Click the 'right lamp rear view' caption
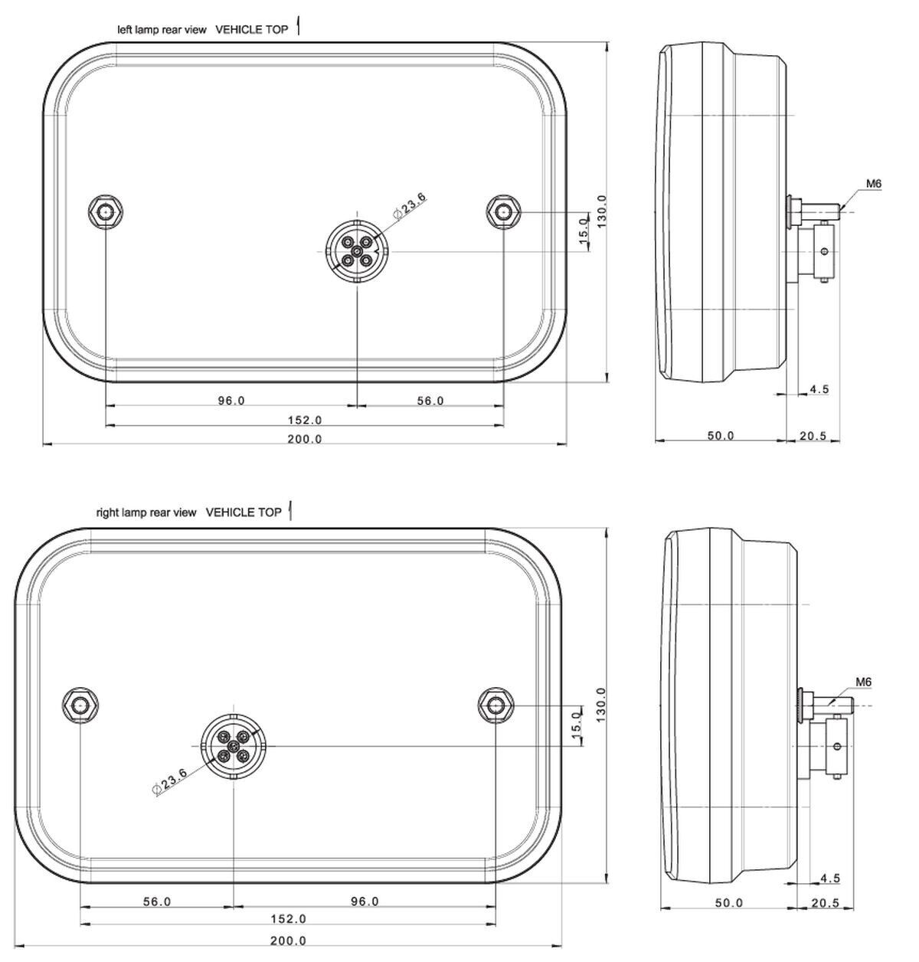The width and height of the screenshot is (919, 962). click(146, 512)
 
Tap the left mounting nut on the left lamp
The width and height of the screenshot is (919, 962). click(105, 211)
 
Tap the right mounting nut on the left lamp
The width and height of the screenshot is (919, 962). click(504, 211)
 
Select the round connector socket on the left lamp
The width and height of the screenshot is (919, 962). click(358, 250)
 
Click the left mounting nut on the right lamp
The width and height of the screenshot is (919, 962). click(80, 705)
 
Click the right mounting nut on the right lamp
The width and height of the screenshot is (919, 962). click(495, 705)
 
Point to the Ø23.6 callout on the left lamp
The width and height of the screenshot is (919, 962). click(410, 207)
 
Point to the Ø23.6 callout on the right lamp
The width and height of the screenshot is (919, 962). click(170, 782)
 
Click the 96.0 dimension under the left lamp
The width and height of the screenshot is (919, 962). click(231, 401)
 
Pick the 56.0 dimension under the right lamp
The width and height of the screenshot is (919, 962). click(157, 901)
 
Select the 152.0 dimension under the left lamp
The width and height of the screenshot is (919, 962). click(305, 420)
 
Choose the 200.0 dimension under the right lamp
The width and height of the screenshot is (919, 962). click(289, 941)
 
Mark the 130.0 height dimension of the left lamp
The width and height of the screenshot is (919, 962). click(602, 211)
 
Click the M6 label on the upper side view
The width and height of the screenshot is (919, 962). click(874, 184)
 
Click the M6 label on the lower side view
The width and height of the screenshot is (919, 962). click(863, 682)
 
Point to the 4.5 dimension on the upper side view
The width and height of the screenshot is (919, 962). click(819, 389)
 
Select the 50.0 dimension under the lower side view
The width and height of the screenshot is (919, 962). click(728, 903)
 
